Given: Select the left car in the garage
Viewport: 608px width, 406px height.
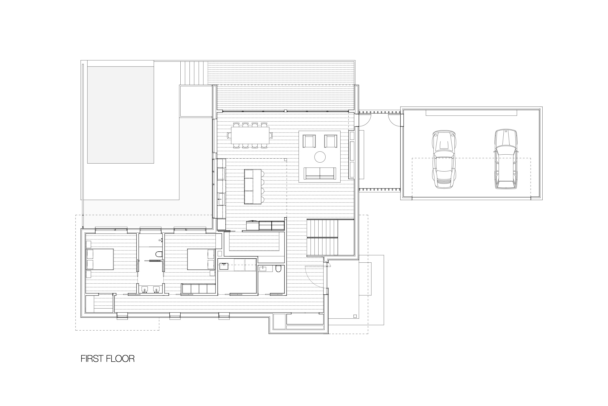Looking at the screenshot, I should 444,159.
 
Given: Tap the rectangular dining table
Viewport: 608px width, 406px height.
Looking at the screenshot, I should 250,135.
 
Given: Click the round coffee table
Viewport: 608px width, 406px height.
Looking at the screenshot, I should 320,157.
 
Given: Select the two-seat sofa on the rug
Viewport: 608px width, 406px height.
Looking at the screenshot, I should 320,173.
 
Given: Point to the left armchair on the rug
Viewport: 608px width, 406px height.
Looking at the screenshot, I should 309,141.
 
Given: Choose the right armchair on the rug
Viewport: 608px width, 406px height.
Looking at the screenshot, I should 331,141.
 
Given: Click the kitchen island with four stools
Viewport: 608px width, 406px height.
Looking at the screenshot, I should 253,186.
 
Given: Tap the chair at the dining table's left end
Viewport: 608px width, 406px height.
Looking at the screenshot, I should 228,135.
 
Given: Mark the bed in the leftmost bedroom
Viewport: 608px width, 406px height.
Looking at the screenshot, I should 100,259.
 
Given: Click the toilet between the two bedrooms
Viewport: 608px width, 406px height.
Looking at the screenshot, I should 159,254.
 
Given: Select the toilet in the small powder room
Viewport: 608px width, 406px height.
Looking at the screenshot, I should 278,269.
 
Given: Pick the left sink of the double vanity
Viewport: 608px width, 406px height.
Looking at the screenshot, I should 144,289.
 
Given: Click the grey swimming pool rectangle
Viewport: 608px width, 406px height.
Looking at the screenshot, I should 121,115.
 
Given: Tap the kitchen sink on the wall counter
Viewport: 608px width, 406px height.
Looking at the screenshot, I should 221,200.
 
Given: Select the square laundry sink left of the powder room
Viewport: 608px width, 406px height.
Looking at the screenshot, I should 224,266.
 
